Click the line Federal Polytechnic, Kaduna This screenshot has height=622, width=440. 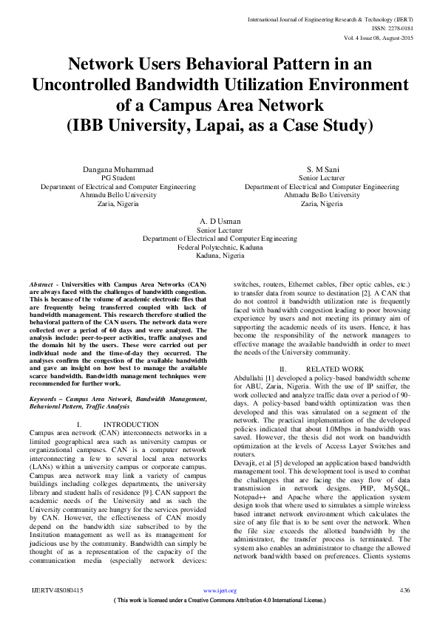pyautogui.click(x=220, y=247)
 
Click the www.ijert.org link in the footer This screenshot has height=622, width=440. pyautogui.click(x=220, y=591)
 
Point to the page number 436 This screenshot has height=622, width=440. pyautogui.click(x=405, y=591)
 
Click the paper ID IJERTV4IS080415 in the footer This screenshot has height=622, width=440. pyautogui.click(x=58, y=591)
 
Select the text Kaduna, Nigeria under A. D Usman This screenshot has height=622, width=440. pyautogui.click(x=220, y=255)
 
